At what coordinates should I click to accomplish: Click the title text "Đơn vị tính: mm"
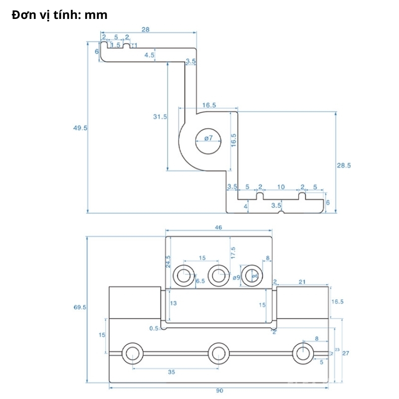(x=59, y=15)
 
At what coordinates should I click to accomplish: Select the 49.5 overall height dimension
(x=80, y=128)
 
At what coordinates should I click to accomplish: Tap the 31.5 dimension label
(x=160, y=117)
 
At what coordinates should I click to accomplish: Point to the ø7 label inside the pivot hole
(x=208, y=138)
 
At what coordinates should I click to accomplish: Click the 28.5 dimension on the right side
(x=344, y=165)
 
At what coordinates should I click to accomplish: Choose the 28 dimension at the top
(x=145, y=30)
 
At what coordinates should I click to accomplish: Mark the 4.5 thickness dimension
(x=149, y=55)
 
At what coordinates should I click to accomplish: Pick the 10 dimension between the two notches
(x=281, y=187)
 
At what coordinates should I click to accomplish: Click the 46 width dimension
(x=218, y=227)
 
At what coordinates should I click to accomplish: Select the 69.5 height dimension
(x=80, y=308)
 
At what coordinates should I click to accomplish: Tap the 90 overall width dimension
(x=219, y=391)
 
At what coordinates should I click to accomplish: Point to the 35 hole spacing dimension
(x=172, y=372)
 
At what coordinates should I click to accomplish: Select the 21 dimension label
(x=302, y=282)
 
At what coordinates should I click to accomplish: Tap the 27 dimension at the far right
(x=346, y=353)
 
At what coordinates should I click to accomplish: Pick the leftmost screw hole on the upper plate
(x=183, y=275)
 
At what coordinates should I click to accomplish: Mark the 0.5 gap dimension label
(x=154, y=328)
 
